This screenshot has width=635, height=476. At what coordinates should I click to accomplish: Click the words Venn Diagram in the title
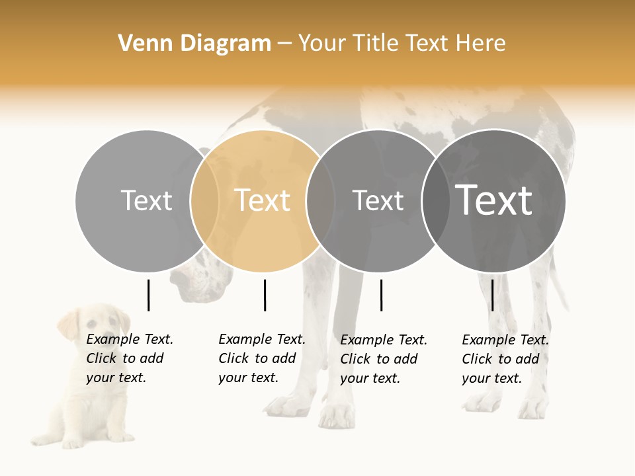point(194,44)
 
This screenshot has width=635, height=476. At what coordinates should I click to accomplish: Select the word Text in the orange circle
point(263,200)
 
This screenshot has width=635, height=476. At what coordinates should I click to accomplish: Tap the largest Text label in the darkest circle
point(494,200)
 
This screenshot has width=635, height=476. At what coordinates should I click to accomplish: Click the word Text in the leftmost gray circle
point(147,200)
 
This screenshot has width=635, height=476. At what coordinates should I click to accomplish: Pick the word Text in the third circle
point(378,200)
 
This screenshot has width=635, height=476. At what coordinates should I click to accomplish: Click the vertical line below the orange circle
point(265,295)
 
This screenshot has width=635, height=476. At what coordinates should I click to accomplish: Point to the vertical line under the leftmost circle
point(148,295)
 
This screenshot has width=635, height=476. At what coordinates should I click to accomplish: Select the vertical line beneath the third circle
point(381,295)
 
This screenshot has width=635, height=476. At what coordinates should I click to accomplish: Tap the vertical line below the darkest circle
point(492,295)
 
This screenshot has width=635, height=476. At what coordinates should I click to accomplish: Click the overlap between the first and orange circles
point(205,200)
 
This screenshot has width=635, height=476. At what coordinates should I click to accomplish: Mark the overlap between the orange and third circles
point(321,200)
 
